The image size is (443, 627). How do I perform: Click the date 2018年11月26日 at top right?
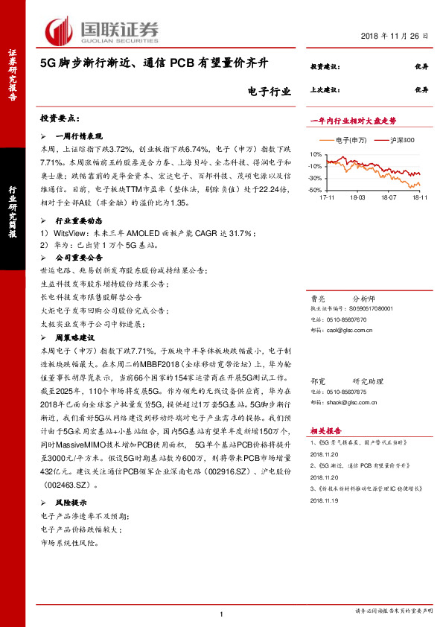pos(395,36)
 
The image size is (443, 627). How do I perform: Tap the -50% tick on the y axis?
pos(315,191)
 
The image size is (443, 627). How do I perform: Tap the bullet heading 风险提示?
pos(71,503)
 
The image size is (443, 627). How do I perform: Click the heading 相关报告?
pos(325,430)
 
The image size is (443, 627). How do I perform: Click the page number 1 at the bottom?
pos(221,614)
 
